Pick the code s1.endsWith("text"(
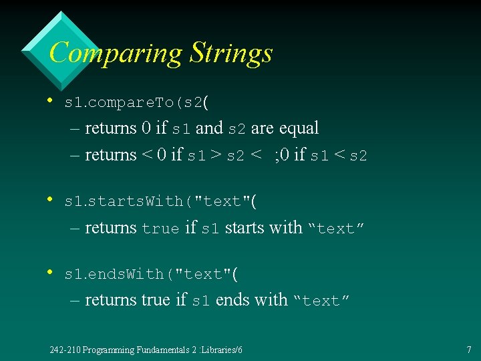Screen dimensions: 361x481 pos(151,274)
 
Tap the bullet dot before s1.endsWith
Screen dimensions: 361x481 pos(51,272)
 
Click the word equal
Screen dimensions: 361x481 pos(299,128)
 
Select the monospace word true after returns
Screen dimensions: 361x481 pos(160,229)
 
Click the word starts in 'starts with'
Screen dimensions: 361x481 pos(245,228)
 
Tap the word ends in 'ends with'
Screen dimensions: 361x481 pos(233,300)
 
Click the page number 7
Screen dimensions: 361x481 pos(469,350)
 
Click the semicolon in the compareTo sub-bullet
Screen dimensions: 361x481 pos(275,156)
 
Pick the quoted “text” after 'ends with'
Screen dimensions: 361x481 pos(321,301)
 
